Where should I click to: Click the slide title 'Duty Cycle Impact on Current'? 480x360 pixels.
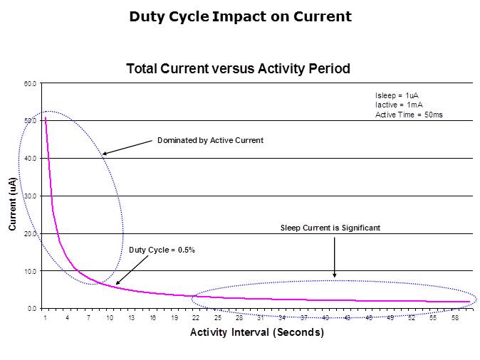[x=240, y=16]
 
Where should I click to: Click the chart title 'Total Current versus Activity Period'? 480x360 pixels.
[x=238, y=69]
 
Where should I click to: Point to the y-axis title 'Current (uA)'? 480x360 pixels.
[x=13, y=203]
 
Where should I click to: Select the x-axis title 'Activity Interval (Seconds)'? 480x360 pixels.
[x=256, y=332]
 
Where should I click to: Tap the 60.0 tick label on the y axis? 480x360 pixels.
[x=30, y=84]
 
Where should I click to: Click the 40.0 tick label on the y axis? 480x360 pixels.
[x=30, y=159]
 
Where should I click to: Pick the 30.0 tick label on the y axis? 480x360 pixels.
[x=30, y=196]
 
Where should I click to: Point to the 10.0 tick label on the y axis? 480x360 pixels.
[x=30, y=271]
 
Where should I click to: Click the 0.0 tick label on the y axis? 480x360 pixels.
[x=31, y=309]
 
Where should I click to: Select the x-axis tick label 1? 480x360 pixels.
[x=46, y=317]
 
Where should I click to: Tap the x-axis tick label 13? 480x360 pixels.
[x=132, y=317]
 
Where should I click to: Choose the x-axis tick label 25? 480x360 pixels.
[x=218, y=317]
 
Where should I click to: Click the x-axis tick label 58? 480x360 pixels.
[x=454, y=317]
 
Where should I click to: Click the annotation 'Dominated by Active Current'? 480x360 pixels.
[x=210, y=141]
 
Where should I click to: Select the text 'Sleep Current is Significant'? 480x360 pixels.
[x=330, y=228]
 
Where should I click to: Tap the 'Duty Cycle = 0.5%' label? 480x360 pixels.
[x=162, y=250]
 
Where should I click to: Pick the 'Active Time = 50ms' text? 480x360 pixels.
[x=409, y=115]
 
